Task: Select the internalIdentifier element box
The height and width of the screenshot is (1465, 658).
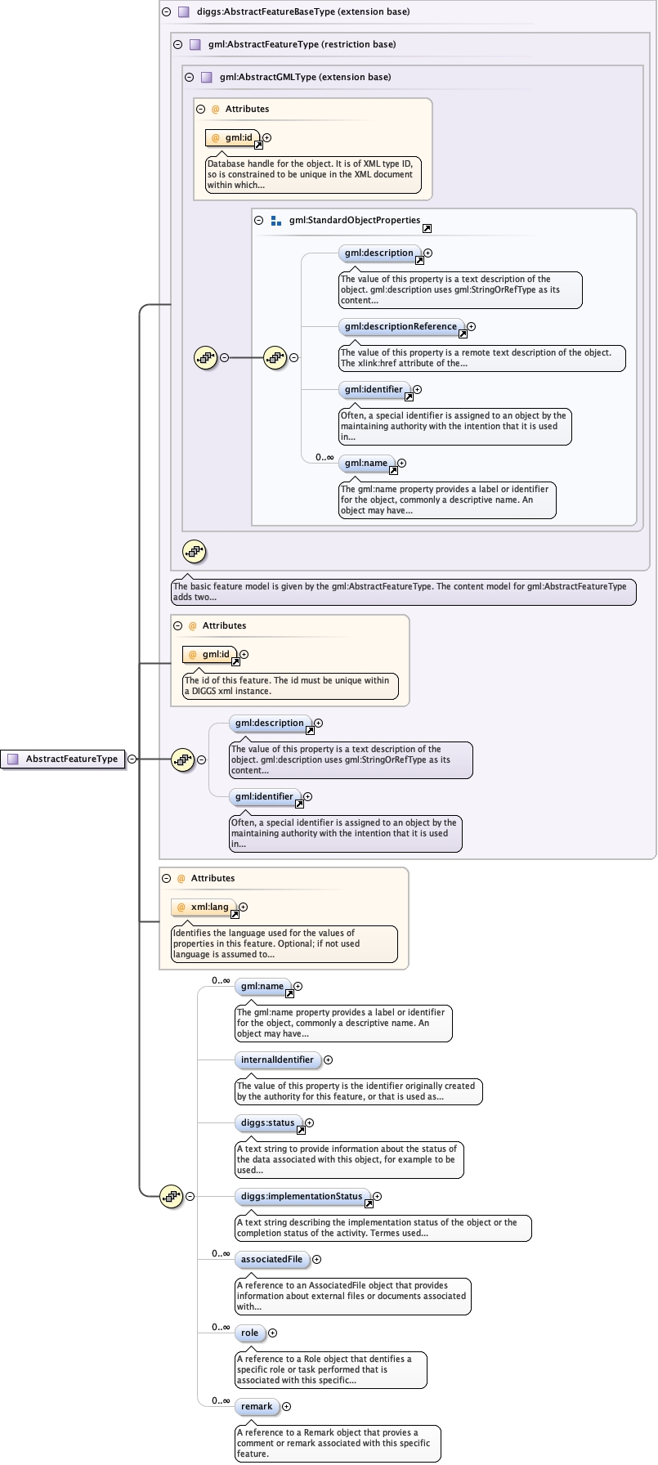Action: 277,1060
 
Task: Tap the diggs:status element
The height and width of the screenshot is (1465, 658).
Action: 268,1123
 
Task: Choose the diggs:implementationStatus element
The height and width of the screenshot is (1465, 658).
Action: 302,1197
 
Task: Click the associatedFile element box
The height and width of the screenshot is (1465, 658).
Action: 271,1260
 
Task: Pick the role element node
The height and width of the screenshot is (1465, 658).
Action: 249,1333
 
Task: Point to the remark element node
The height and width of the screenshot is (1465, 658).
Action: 257,1407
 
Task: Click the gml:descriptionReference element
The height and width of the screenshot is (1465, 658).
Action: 401,327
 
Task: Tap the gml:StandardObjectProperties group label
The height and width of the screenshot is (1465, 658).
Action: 355,221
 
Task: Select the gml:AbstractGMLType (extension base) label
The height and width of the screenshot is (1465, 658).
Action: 305,78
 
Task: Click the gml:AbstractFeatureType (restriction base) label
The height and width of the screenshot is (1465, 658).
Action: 302,45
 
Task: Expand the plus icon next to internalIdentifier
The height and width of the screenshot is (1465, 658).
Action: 328,1060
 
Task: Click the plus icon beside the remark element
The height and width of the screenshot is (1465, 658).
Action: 286,1407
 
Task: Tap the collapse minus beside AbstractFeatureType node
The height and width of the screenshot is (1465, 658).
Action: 132,759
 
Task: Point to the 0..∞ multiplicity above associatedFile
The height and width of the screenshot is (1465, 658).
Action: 221,1254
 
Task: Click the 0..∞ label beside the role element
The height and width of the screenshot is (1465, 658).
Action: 221,1328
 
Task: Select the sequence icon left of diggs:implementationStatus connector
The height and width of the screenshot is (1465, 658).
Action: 171,1197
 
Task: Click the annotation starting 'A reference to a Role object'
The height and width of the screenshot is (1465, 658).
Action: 330,1369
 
